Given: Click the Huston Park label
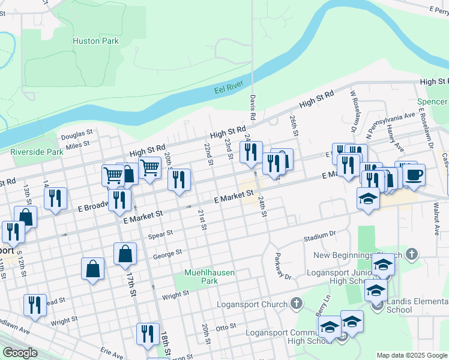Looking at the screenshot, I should click(95, 41).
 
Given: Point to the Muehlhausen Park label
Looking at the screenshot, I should click(209, 277).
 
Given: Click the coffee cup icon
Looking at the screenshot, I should click(414, 175).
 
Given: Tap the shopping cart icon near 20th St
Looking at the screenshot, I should click(149, 168).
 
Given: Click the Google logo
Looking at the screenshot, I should click(20, 353).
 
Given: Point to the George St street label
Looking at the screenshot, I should click(167, 255).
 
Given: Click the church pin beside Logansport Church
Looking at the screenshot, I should click(296, 304).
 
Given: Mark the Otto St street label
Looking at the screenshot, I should click(226, 328).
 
